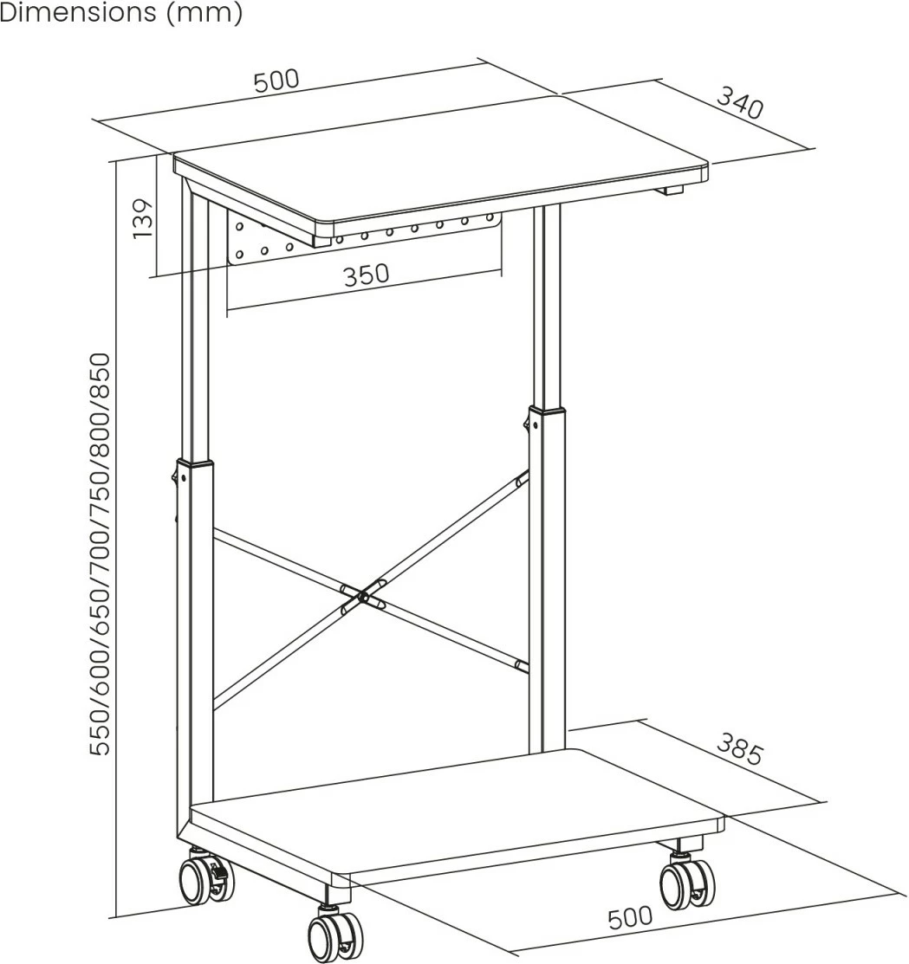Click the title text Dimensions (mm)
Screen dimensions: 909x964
pyautogui.click(x=121, y=12)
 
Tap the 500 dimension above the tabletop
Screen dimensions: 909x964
pyautogui.click(x=276, y=81)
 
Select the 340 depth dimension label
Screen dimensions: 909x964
pyautogui.click(x=741, y=103)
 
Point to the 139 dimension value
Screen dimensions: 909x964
pyautogui.click(x=142, y=219)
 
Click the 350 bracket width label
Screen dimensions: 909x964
pyautogui.click(x=367, y=275)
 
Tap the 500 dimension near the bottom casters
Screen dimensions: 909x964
pyautogui.click(x=630, y=917)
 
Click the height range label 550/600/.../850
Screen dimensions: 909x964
pyautogui.click(x=100, y=554)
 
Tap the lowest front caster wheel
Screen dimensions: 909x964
pyautogui.click(x=334, y=935)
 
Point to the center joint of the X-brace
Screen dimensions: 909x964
pyautogui.click(x=363, y=596)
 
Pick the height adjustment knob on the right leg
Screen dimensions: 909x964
pyautogui.click(x=526, y=423)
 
